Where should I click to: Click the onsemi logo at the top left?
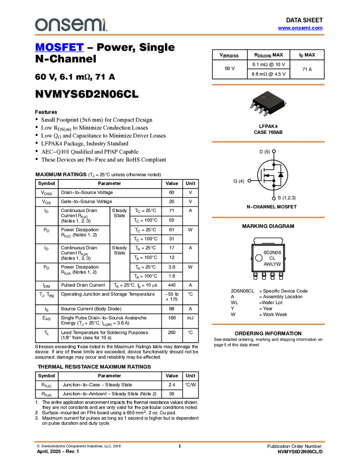(x=71, y=25)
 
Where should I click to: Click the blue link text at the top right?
(x=300, y=28)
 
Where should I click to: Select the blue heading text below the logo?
(x=59, y=48)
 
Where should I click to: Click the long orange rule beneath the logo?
(x=179, y=35)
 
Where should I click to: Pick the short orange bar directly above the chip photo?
(x=268, y=84)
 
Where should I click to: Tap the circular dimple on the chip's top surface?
(x=263, y=97)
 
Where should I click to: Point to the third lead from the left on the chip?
(x=262, y=111)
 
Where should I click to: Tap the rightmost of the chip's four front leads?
(x=267, y=115)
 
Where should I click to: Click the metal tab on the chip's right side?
(x=286, y=102)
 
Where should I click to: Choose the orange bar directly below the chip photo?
(x=268, y=142)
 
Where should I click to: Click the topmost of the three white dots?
(x=274, y=151)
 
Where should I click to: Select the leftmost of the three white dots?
(x=249, y=180)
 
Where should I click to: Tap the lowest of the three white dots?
(x=273, y=198)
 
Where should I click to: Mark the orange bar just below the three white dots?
(x=268, y=218)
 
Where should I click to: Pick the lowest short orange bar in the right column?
(x=268, y=325)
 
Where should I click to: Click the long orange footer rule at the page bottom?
(x=179, y=441)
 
